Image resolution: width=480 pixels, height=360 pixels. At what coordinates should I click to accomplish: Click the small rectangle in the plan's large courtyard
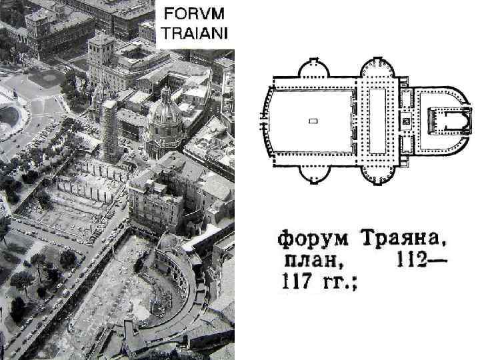coord(313,121)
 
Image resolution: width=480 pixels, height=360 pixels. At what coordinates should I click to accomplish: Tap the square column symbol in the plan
coord(405,122)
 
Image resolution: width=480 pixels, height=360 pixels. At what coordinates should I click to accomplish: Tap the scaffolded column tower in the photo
coord(109,129)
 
